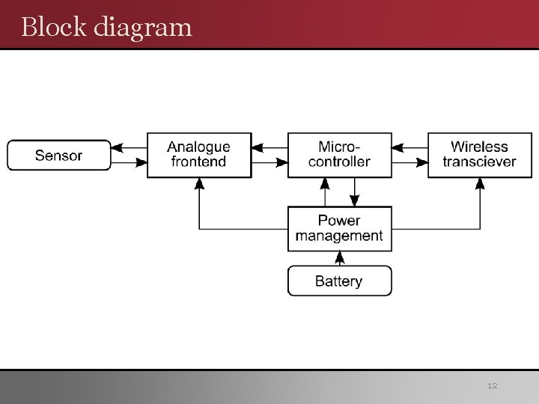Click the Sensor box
59,156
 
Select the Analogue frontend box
198,155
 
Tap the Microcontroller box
339,155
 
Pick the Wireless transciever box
479,155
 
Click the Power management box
339,228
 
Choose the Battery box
339,281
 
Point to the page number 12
492,385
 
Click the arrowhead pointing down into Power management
356,201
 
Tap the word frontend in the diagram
198,162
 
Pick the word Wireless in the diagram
479,147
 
